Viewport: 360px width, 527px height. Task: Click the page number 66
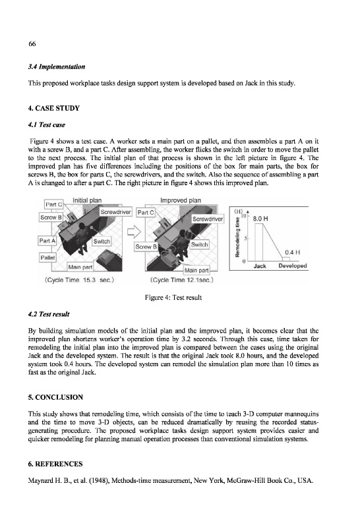coord(32,43)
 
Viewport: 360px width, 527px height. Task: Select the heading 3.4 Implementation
coord(57,67)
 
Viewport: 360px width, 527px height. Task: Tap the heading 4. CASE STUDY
coord(54,108)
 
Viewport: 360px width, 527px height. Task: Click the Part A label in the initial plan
coord(47,240)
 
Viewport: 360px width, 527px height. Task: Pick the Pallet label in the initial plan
coord(47,258)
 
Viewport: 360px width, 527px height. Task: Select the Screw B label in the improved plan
coord(146,246)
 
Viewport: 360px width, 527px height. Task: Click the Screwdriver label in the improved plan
coord(208,219)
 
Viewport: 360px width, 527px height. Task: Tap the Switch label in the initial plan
coord(102,241)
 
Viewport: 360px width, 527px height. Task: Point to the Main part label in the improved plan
coord(196,270)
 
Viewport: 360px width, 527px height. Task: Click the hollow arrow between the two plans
coord(134,232)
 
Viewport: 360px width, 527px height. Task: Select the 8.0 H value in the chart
coord(260,219)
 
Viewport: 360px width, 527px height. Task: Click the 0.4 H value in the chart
coord(292,252)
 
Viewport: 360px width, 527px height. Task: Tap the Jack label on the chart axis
coord(260,266)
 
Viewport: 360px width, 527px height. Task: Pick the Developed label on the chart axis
coord(293,265)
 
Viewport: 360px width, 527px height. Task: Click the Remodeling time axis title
coord(237,237)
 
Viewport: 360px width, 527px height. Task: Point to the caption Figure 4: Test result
coord(173,298)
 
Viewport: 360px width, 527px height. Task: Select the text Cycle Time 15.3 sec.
coord(79,280)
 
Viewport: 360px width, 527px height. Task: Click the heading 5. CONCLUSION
coord(55,397)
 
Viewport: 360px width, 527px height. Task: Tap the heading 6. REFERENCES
coord(55,464)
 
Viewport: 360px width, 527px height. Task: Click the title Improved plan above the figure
coord(181,200)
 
